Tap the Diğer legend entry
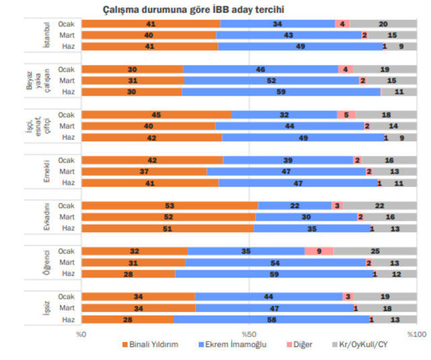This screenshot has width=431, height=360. (300, 344)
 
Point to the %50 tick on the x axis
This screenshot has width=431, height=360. (249, 333)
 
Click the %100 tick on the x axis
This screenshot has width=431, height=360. (416, 333)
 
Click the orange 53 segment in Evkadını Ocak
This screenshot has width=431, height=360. (170, 205)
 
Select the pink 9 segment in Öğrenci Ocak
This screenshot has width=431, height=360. (319, 251)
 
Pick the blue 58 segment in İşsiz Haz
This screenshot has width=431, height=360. (271, 319)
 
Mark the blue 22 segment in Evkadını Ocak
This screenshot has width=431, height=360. (294, 205)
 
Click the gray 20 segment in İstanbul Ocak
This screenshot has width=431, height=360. (383, 24)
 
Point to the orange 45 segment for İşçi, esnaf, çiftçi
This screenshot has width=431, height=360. (156, 115)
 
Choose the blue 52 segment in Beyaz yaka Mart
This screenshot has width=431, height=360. (271, 80)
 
